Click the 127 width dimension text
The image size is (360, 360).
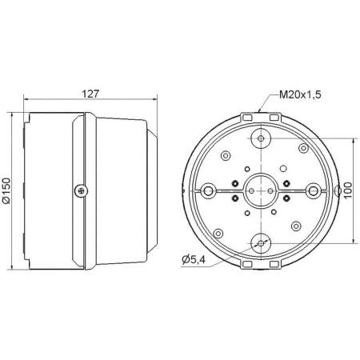pos(90,93)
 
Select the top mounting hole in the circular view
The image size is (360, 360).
pos(261,139)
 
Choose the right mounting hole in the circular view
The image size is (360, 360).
pos(313,191)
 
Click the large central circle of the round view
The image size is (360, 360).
pos(261,191)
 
